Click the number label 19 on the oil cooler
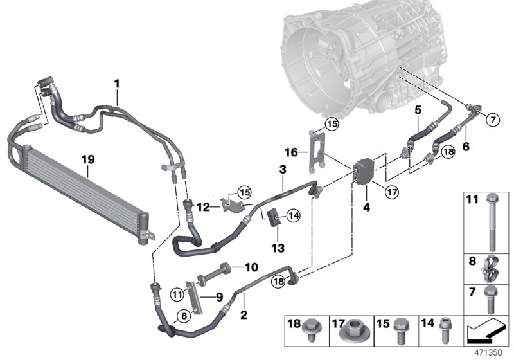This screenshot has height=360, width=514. pyautogui.click(x=87, y=156)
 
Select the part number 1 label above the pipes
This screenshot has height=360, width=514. pyautogui.click(x=117, y=84)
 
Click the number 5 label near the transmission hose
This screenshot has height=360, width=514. pyautogui.click(x=417, y=110)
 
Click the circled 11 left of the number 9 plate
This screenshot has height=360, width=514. pyautogui.click(x=178, y=294)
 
